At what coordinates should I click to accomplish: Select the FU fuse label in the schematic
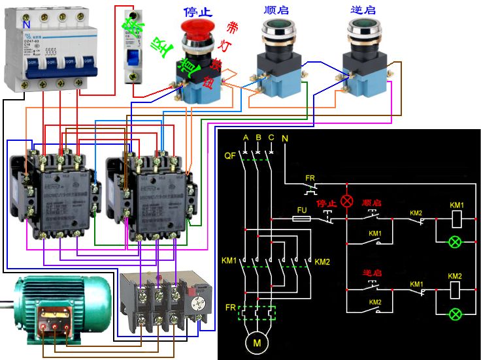302,210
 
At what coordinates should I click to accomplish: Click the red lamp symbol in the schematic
347,201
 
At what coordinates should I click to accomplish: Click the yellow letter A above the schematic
246,138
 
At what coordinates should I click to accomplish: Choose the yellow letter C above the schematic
271,138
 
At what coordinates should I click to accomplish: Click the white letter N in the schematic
284,138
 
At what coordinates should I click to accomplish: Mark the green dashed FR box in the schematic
257,313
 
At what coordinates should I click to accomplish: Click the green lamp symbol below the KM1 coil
456,243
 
